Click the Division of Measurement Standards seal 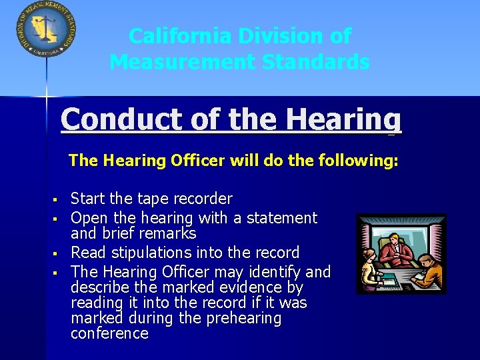pyautogui.click(x=45, y=29)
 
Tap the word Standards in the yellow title pyautogui.click(x=315, y=62)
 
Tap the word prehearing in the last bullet pyautogui.click(x=243, y=318)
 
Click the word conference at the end pyautogui.click(x=109, y=333)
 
